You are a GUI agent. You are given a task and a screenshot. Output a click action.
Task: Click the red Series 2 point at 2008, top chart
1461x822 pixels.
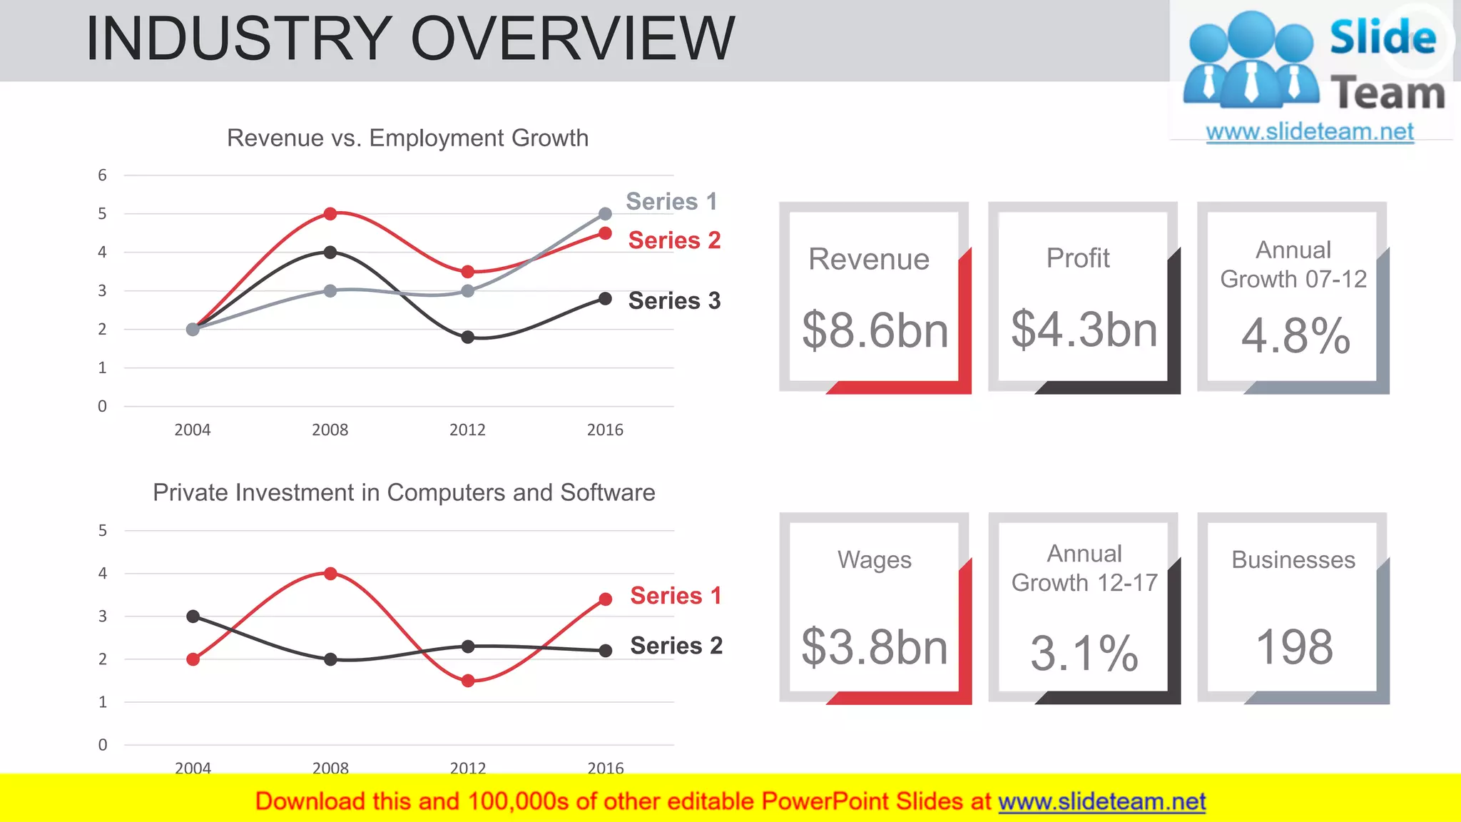pos(330,214)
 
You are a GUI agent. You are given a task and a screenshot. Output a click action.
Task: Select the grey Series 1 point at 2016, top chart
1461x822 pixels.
pos(605,214)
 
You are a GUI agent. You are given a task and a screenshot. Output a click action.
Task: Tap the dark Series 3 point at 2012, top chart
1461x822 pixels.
pos(467,337)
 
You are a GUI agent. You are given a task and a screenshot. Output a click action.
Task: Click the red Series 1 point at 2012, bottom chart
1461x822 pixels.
pos(468,681)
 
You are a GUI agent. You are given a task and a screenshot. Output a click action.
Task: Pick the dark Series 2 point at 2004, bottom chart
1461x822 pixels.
pos(193,616)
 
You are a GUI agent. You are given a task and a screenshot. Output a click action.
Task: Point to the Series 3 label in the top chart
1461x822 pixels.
pos(674,301)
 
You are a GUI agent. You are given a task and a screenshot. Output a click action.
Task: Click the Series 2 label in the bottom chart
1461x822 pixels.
pos(676,646)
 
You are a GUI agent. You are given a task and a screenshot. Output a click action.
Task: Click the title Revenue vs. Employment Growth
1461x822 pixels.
pos(407,138)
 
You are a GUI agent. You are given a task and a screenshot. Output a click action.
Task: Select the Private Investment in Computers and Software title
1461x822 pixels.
pos(404,492)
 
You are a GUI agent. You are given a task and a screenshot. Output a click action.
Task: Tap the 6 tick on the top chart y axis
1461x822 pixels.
pos(103,176)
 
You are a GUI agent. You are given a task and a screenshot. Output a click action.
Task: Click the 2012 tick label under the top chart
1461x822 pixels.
pos(467,430)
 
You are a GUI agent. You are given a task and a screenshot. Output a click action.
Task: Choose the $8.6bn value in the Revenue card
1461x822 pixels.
pos(875,330)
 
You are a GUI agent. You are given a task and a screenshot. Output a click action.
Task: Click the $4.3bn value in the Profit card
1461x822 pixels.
pos(1084,330)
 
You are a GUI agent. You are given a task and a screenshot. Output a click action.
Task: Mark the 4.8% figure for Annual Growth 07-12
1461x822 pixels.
pos(1295,335)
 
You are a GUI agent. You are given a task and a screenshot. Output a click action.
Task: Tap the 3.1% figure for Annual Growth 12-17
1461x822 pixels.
pos(1084,653)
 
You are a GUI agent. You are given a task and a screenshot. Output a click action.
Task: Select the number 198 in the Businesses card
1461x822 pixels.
pos(1293,647)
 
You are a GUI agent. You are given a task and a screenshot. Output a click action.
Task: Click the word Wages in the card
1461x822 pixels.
pos(874,560)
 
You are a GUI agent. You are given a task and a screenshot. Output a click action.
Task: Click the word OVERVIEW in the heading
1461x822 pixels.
pos(572,39)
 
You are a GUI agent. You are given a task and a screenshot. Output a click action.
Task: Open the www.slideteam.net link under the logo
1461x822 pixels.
pos(1310,131)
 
